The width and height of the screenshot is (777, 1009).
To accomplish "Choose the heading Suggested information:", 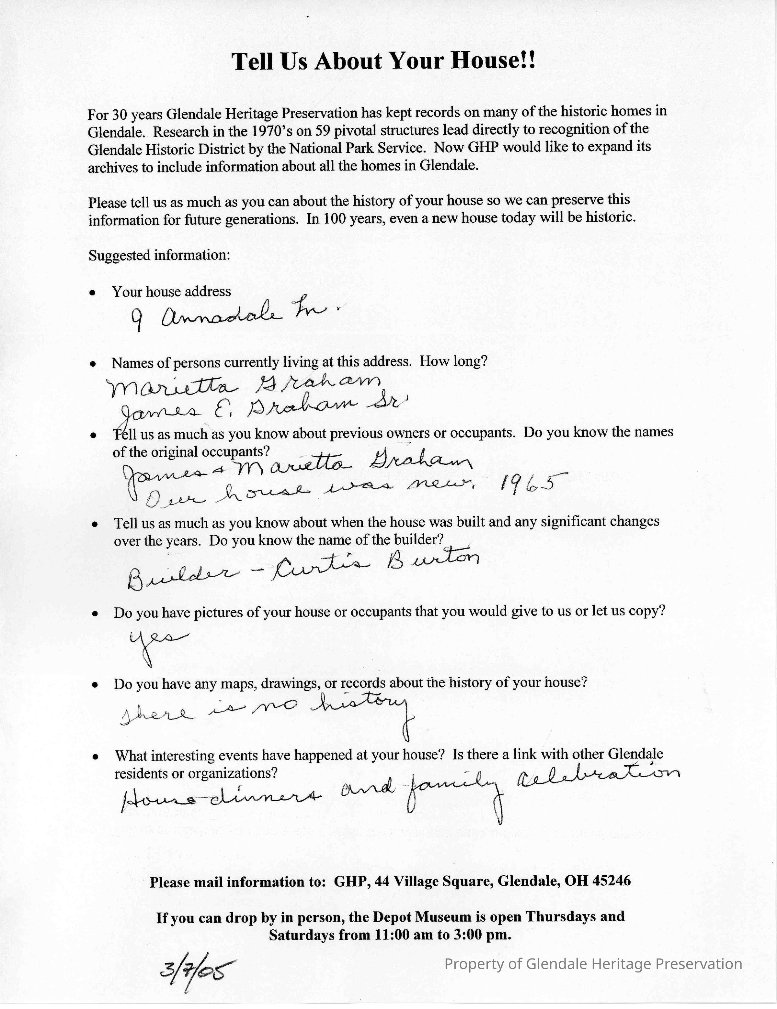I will (159, 255).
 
